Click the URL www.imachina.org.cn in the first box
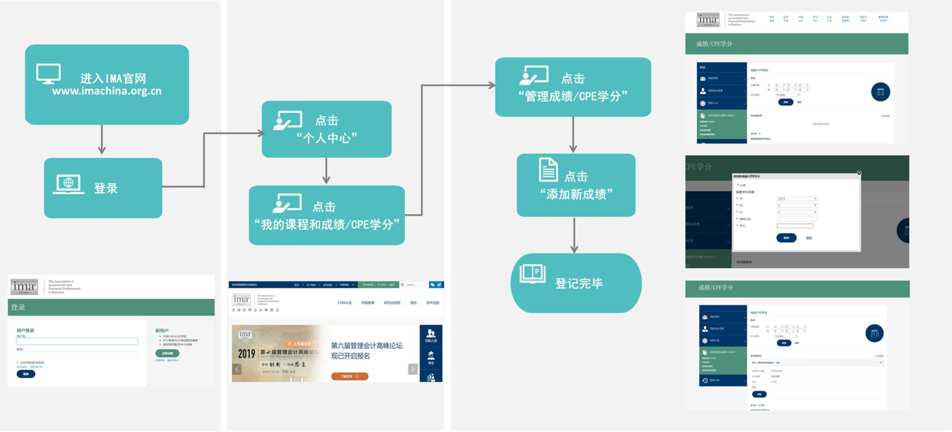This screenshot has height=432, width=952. click(106, 91)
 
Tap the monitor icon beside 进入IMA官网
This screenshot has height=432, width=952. click(49, 74)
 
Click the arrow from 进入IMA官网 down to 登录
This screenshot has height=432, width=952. click(102, 141)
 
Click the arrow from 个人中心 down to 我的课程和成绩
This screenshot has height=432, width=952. click(326, 171)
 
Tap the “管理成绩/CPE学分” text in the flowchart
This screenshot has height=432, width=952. click(573, 96)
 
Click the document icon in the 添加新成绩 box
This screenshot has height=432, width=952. click(548, 169)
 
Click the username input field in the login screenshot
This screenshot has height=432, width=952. click(77, 342)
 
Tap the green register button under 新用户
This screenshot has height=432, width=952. click(167, 353)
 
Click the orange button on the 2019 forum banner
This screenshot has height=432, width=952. click(350, 376)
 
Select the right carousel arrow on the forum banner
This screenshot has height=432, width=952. click(412, 369)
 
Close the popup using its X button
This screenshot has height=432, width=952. click(859, 173)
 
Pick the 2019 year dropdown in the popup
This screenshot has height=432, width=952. click(797, 199)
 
